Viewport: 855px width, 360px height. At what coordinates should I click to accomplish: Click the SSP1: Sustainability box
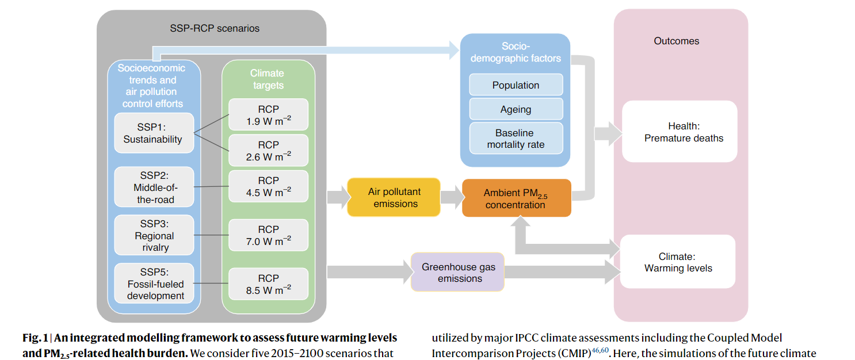(154, 133)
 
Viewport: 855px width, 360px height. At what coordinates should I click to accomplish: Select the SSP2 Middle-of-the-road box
(154, 187)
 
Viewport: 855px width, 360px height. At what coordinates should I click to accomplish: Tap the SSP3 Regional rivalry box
(154, 235)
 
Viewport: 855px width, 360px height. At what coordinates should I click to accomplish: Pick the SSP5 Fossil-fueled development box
(154, 284)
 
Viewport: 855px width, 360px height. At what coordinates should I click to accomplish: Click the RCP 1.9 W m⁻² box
(268, 115)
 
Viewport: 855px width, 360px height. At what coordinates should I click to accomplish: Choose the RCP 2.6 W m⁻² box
(268, 150)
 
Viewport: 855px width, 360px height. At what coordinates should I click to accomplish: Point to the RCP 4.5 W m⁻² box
(268, 186)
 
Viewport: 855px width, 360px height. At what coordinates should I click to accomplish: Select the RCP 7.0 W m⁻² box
(268, 235)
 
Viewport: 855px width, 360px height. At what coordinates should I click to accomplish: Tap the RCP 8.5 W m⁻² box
(268, 284)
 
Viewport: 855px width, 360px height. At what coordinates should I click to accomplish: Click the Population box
(516, 85)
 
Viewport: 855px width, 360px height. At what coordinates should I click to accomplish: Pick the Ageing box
(516, 109)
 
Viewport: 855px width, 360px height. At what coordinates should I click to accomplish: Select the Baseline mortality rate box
(516, 138)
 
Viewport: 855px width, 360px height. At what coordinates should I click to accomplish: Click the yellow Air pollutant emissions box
(394, 197)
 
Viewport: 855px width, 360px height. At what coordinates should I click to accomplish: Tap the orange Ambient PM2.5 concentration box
(517, 198)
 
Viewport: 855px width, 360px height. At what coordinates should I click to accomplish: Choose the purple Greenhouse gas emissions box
(457, 272)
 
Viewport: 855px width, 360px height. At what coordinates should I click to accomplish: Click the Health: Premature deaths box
(680, 132)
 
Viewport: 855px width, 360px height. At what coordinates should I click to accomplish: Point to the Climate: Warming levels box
(678, 262)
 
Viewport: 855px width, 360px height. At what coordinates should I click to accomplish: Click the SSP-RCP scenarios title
(215, 28)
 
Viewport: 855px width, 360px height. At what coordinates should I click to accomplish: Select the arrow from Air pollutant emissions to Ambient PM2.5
(452, 197)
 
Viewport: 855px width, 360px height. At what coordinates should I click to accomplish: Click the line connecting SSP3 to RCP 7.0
(211, 235)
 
